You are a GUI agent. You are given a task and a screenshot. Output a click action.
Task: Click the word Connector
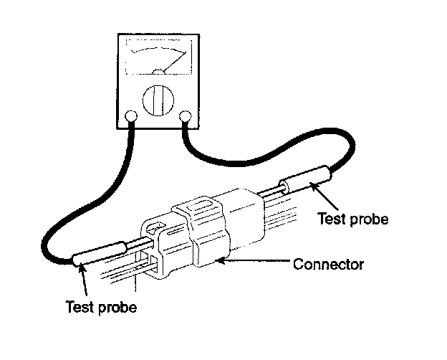(329, 265)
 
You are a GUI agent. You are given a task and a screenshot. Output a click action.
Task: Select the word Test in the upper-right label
(332, 220)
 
